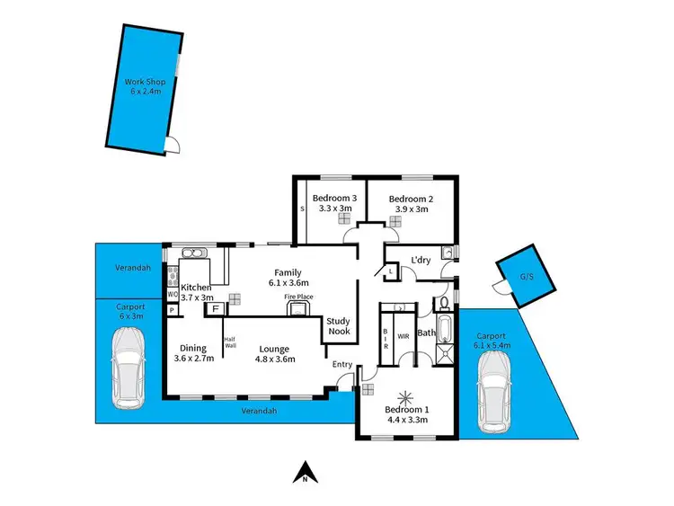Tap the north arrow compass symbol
pyautogui.click(x=306, y=470)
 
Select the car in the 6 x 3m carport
pyautogui.click(x=127, y=366)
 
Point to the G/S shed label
pyautogui.click(x=525, y=278)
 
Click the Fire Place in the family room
pyautogui.click(x=298, y=308)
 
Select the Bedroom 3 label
pyautogui.click(x=334, y=199)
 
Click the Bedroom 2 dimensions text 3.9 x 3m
pyautogui.click(x=412, y=209)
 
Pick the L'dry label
pyautogui.click(x=421, y=260)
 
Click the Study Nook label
pyautogui.click(x=339, y=325)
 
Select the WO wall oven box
pyautogui.click(x=172, y=293)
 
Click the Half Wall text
pyautogui.click(x=228, y=342)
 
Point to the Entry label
pyautogui.click(x=342, y=364)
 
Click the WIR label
pyautogui.click(x=403, y=337)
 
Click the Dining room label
pyautogui.click(x=193, y=349)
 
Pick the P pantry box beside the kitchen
pyautogui.click(x=171, y=310)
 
